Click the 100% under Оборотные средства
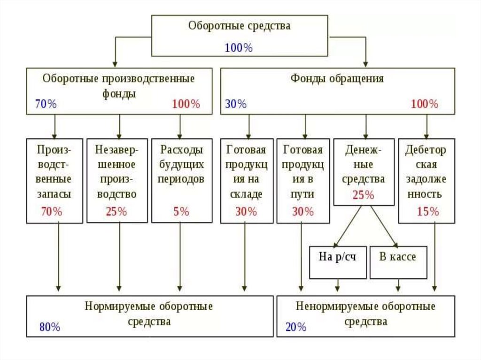[x=239, y=47]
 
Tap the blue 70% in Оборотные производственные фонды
[x=46, y=104]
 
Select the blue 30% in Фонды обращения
[x=236, y=104]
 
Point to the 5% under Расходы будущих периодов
[x=181, y=211]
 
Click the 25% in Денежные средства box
[x=364, y=195]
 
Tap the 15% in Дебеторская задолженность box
[x=427, y=211]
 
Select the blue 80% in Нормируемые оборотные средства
[x=50, y=327]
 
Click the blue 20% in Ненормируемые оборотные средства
[x=295, y=327]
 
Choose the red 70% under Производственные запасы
[x=52, y=211]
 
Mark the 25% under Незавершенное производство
[x=116, y=211]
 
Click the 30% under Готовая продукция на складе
[x=246, y=211]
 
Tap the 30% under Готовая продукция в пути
[x=303, y=211]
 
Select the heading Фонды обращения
[x=337, y=78]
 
